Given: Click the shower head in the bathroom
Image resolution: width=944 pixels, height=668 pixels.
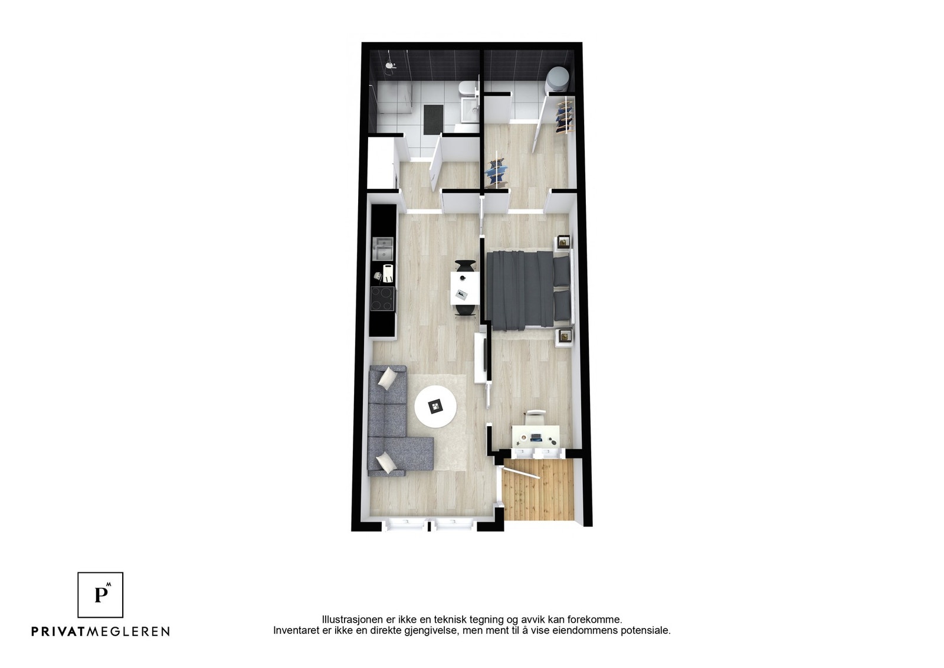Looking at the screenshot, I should [389, 65].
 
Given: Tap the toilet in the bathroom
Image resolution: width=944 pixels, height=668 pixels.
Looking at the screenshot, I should [466, 89].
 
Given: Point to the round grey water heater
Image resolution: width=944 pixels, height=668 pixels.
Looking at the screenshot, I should [558, 78].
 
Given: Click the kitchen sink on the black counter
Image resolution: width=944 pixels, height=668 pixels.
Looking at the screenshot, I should [383, 248].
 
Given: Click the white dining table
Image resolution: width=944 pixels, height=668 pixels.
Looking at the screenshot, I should [464, 288].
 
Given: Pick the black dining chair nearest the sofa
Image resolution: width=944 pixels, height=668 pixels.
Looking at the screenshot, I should [464, 310].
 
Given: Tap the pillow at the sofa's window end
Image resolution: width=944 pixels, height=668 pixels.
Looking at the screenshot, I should [386, 462].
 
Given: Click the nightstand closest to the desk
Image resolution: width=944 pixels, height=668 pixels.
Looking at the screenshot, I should [565, 336].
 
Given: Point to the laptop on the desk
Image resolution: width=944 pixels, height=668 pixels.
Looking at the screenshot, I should [536, 438].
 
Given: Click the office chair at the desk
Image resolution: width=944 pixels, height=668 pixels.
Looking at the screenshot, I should [535, 417].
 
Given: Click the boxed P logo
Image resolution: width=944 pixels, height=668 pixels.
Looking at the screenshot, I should [101, 595].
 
